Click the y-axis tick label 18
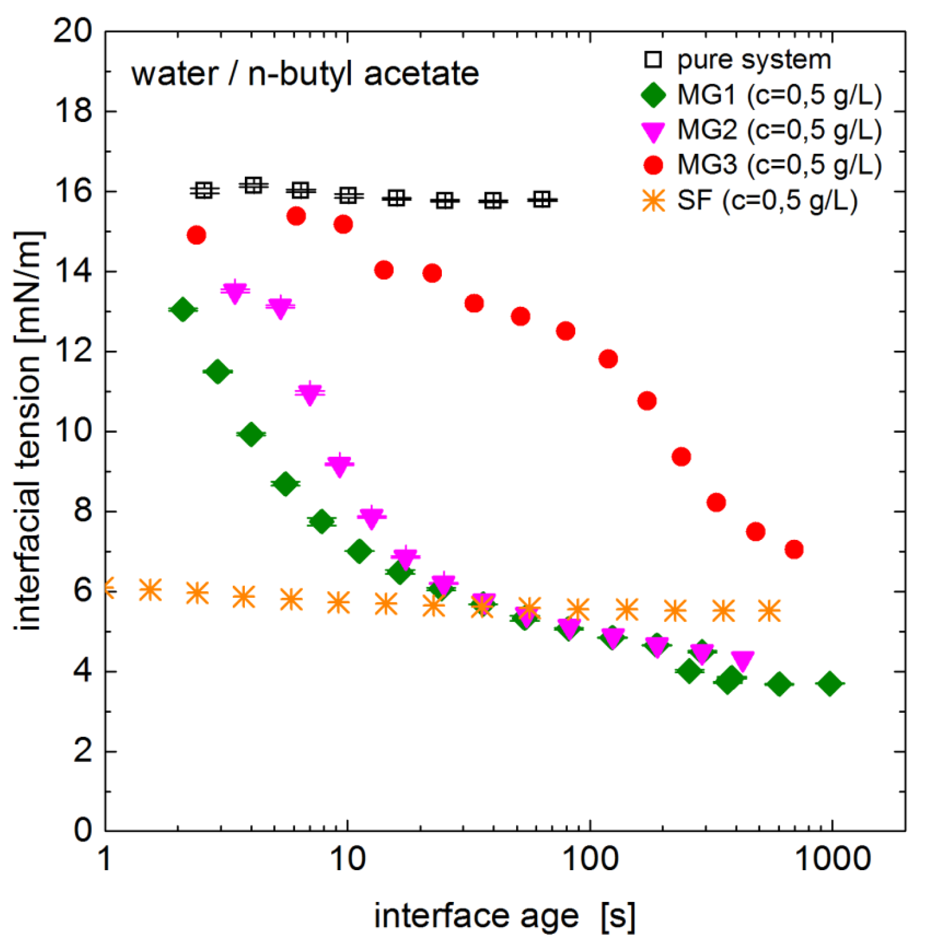[73, 111]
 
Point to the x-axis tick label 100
[590, 859]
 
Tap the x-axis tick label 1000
[832, 859]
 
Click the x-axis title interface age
[477, 916]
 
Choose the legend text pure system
[754, 60]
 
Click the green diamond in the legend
[653, 95]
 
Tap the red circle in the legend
[653, 165]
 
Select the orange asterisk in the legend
[653, 200]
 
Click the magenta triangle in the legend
[653, 131]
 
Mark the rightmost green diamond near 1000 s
[830, 683]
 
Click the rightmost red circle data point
[794, 549]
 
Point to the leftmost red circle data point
[196, 235]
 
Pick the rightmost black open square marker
[542, 199]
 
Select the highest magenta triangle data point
[235, 292]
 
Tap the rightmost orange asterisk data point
[769, 611]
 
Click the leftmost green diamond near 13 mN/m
[183, 309]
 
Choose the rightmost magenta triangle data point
[742, 661]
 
